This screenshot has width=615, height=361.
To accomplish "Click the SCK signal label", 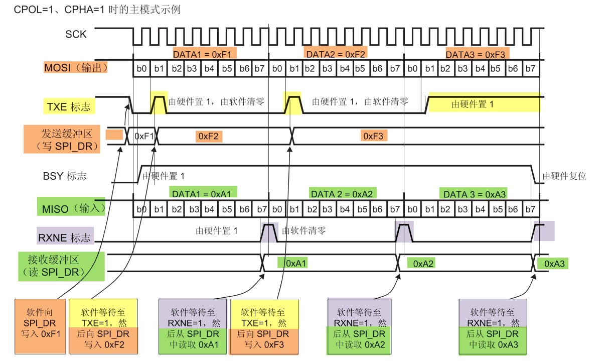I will coord(76,35).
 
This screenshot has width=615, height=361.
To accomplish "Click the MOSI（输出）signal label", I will coord(75,67).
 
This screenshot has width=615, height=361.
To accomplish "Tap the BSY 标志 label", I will coord(65,176).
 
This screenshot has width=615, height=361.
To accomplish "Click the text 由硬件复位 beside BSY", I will coord(564,176).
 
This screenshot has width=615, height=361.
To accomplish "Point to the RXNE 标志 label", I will coord(65,235).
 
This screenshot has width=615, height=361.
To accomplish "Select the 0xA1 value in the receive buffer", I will coord(296,263).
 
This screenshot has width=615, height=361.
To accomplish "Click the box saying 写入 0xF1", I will coord(40,325).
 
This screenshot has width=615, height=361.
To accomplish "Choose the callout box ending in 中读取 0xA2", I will coord(359,325).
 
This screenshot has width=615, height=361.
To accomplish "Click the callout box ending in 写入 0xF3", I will coord(264,325).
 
